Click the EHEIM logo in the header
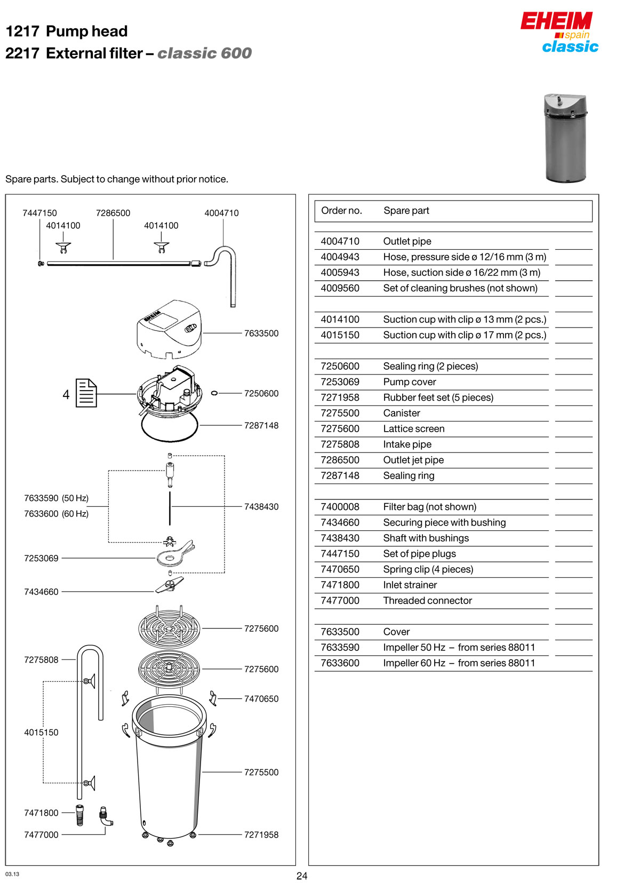click(556, 21)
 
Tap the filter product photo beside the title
click(565, 138)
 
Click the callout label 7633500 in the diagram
click(261, 333)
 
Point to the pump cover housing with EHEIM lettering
click(170, 329)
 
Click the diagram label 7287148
click(261, 426)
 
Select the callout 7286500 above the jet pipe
click(113, 213)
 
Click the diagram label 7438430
click(261, 507)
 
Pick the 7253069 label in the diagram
click(41, 559)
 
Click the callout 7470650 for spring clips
click(261, 699)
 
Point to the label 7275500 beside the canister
click(261, 773)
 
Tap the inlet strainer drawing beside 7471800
click(80, 815)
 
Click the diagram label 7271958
click(261, 835)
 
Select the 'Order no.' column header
click(341, 211)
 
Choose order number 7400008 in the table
click(340, 507)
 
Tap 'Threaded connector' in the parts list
click(428, 601)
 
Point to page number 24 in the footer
click(302, 876)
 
